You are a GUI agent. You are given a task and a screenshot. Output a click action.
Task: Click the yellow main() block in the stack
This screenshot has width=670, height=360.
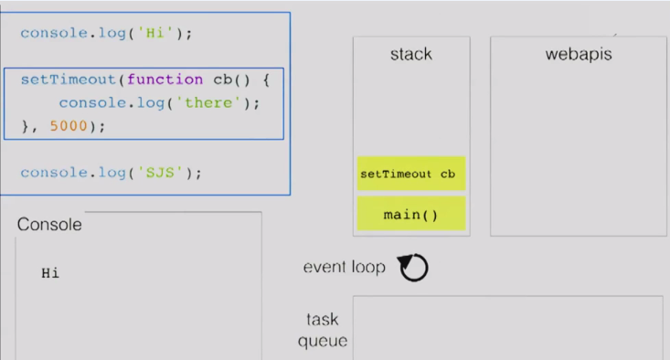[411, 214]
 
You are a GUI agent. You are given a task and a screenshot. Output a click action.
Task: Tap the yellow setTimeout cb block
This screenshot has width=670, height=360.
[411, 174]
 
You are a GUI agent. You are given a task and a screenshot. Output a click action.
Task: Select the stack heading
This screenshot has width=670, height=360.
[411, 54]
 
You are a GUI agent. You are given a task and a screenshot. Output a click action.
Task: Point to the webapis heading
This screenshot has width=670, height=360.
[579, 54]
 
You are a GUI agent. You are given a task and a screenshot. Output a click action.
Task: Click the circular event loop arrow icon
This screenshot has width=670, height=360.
[413, 268]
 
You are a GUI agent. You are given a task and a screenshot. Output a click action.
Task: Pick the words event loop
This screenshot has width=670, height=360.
[345, 268]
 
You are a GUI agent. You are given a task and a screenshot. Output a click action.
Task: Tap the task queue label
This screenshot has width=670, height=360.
[323, 330]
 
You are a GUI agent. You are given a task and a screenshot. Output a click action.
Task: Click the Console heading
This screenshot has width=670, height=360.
[49, 225]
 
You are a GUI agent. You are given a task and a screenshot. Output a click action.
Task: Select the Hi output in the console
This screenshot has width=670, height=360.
[50, 273]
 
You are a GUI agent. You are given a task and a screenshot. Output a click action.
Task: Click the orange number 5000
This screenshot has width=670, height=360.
[69, 126]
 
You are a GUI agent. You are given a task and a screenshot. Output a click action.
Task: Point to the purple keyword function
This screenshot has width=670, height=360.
[165, 79]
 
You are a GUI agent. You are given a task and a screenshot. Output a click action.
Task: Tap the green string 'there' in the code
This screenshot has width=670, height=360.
[208, 103]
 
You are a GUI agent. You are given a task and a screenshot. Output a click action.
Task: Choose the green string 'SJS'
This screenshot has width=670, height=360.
[160, 173]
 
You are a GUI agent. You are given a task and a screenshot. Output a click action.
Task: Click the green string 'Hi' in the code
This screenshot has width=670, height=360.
[155, 33]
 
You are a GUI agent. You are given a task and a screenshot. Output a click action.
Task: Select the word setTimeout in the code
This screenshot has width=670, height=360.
[69, 79]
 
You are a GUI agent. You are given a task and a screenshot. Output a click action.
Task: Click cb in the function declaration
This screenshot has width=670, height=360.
[223, 79]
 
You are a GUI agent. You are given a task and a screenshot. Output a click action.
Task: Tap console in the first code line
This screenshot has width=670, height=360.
[54, 33]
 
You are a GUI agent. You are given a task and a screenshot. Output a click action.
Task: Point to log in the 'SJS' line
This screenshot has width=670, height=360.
[112, 173]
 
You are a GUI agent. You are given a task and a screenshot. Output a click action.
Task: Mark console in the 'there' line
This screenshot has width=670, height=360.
[92, 103]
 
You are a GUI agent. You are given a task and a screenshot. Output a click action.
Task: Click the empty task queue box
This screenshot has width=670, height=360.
[508, 327]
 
